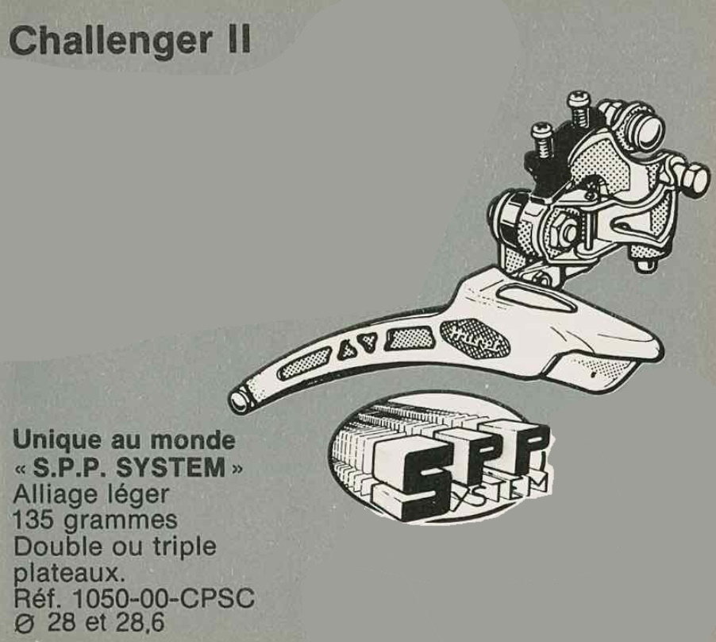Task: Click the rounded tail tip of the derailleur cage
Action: (x=239, y=400)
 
